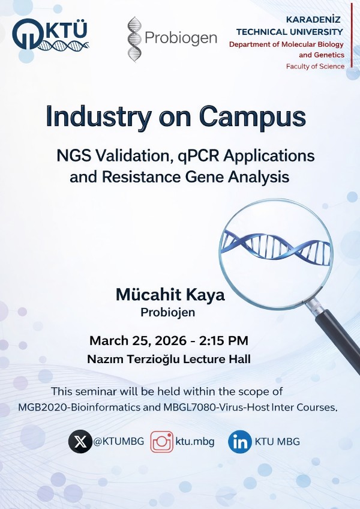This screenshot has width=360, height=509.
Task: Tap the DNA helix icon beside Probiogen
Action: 135,39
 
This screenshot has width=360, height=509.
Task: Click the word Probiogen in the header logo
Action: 181,38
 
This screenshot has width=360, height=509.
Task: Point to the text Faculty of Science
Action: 315,66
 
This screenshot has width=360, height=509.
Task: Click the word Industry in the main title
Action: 94,116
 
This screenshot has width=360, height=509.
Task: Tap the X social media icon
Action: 80,442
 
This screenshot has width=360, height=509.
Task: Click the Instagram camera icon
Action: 161,442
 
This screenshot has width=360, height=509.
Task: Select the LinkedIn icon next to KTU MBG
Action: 240,442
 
